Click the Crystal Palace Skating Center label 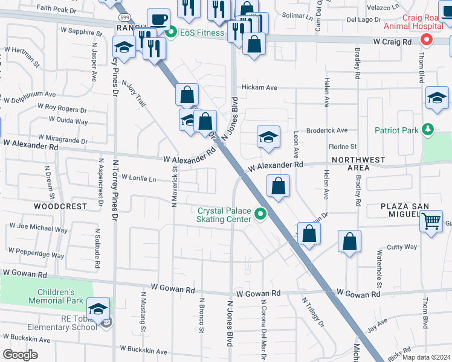point(224,215)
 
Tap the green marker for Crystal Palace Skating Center point(260,214)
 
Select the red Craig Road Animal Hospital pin point(427,40)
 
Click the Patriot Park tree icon point(428,129)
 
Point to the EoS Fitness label point(201,33)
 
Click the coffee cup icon point(158,19)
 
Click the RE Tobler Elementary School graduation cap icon point(98,308)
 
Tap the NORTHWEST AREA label point(358,164)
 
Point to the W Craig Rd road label point(392,42)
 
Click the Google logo point(20,354)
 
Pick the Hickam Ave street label point(259,87)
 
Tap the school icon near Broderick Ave point(268,137)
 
